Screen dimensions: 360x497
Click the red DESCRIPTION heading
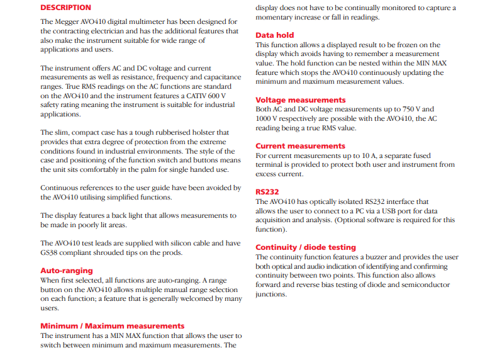tap(65, 8)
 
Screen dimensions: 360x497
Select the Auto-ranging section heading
tap(66, 270)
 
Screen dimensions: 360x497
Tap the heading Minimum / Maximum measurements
tap(113, 325)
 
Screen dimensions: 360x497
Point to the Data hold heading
tap(274, 35)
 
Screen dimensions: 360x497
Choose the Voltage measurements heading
tap(300, 100)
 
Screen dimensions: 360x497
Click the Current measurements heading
tap(300, 146)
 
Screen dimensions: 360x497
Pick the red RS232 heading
tap(267, 192)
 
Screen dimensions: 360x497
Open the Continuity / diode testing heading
tap(306, 247)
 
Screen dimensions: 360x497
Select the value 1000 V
tap(267, 119)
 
